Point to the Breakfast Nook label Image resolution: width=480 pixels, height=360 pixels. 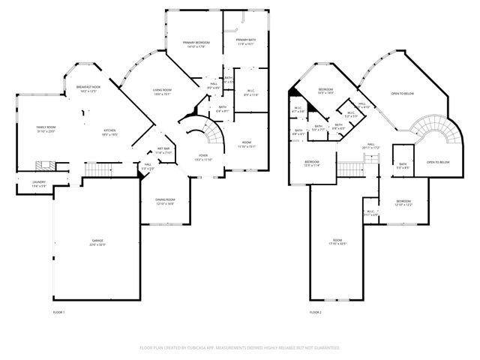pos(88,89)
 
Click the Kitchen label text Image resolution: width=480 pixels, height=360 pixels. pos(108,132)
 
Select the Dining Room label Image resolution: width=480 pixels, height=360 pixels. pos(164,200)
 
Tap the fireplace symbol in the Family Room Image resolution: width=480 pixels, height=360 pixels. pos(45,166)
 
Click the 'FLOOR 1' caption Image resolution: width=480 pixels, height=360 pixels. pos(59,311)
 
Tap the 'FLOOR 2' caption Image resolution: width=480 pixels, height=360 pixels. pos(315,311)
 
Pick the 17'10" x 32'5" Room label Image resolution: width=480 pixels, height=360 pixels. pos(337,242)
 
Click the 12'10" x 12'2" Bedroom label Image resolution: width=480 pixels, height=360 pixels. pos(403,202)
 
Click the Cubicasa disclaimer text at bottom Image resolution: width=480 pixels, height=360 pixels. pos(239,348)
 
